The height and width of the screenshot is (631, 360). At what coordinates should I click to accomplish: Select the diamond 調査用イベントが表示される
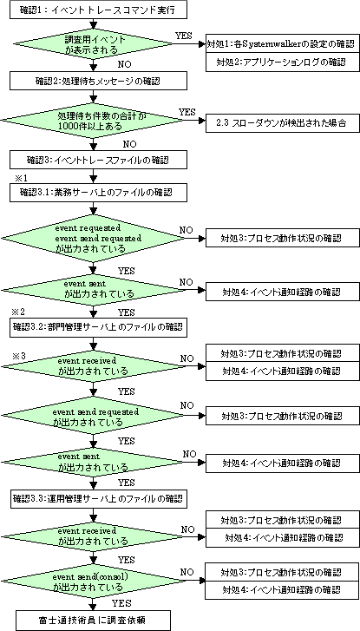94,44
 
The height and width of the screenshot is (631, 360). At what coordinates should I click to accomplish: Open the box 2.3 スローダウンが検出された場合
282,123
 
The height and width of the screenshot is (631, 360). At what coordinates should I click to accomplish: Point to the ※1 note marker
20,177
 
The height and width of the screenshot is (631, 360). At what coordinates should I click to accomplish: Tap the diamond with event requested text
94,238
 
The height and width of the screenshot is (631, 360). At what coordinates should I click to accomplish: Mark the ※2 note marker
20,312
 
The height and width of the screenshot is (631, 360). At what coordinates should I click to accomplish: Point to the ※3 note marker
20,356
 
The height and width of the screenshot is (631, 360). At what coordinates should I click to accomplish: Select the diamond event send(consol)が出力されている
94,582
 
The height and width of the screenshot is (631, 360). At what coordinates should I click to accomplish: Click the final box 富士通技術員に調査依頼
94,620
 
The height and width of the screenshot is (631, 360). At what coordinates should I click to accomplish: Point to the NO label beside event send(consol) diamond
187,572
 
